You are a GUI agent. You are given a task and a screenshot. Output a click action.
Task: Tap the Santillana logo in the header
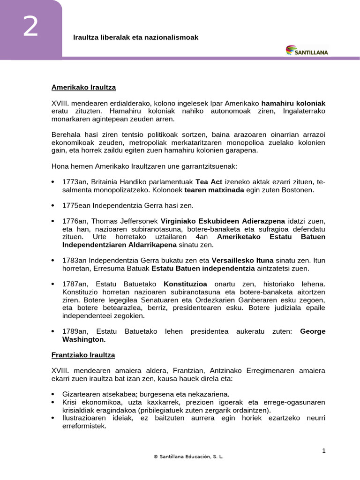click(x=307, y=50)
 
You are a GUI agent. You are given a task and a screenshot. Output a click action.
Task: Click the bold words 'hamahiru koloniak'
click(x=293, y=103)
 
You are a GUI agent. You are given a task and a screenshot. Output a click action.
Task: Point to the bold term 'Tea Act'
click(x=208, y=182)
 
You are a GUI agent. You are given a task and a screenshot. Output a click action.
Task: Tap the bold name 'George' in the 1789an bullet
click(x=312, y=331)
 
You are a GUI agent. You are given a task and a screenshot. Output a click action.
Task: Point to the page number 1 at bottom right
click(x=323, y=450)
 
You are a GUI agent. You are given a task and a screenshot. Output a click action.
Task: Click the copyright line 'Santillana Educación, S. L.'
click(x=188, y=457)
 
